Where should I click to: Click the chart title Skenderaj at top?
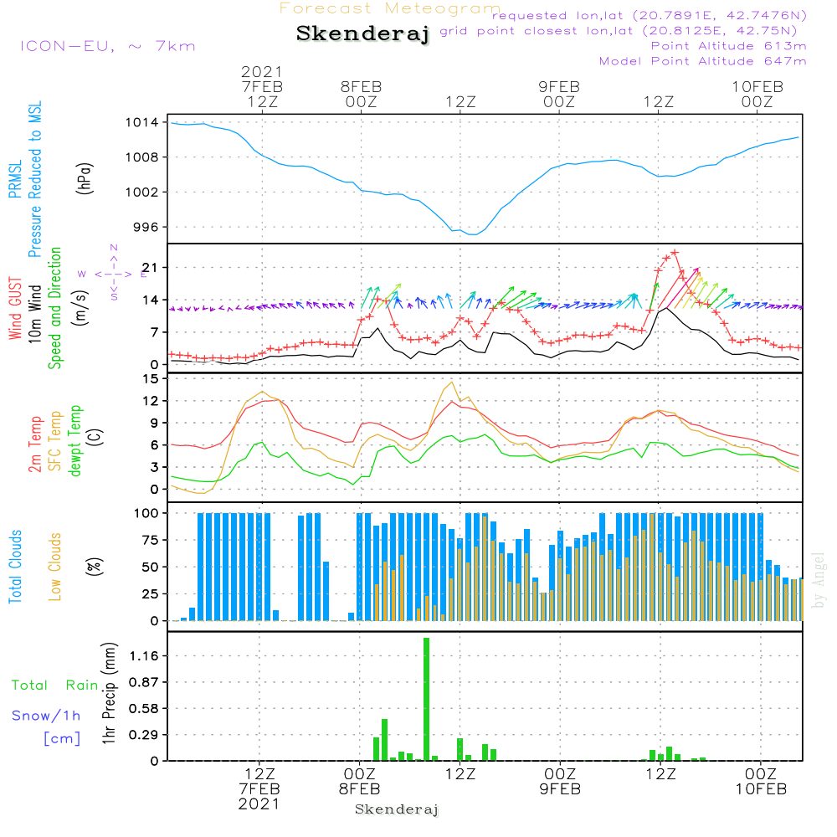[362, 34]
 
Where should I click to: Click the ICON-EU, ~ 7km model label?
[107, 46]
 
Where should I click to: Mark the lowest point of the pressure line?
[473, 234]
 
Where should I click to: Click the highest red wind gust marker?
[675, 252]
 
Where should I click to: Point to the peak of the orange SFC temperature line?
[453, 382]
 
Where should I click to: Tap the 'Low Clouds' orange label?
[55, 567]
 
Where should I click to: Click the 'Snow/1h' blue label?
[47, 716]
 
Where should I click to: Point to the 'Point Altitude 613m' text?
[728, 45]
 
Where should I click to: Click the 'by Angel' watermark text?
[819, 578]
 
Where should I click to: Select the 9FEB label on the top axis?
[559, 87]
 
